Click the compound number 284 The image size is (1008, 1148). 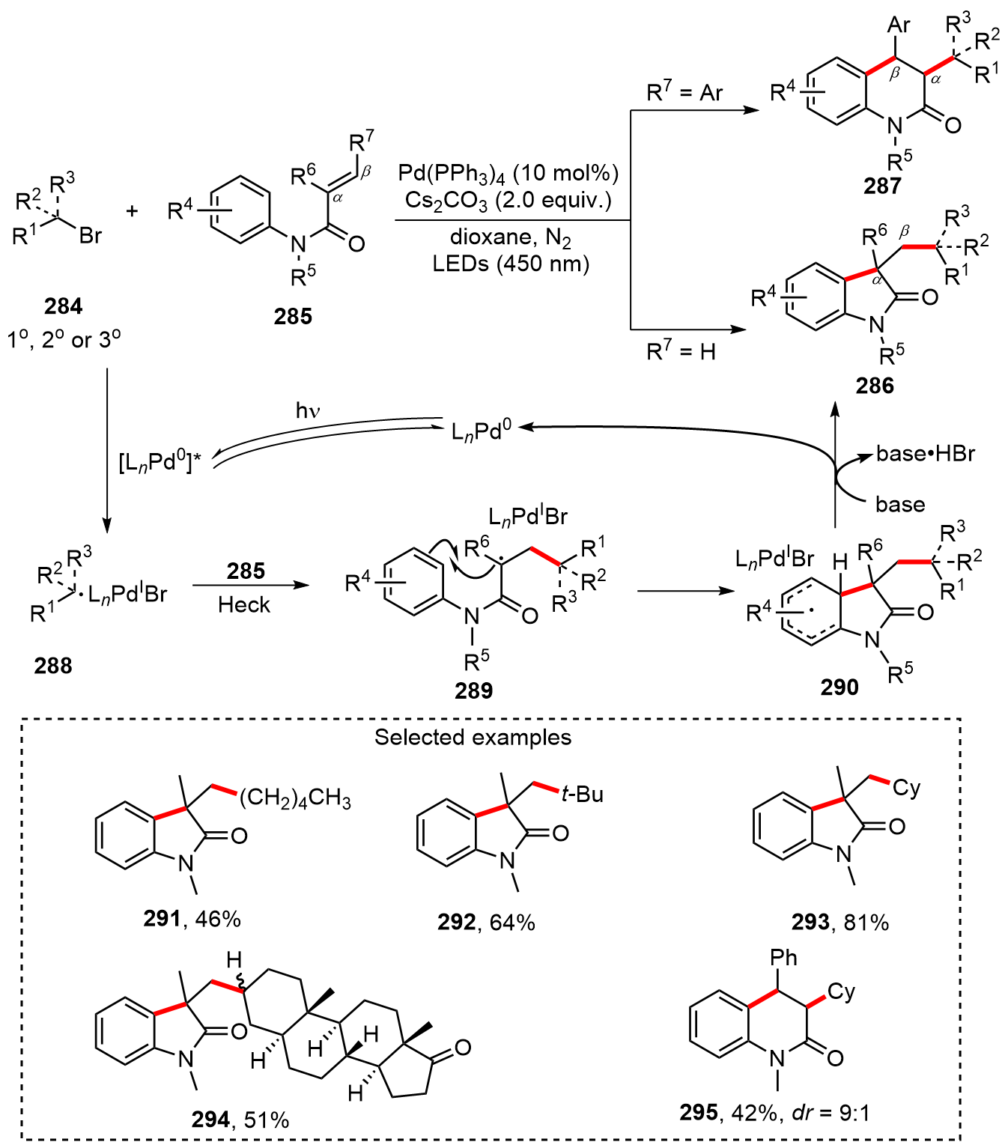tap(64, 306)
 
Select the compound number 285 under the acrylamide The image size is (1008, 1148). tap(293, 316)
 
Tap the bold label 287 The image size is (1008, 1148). tap(882, 186)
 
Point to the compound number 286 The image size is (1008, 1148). tap(875, 386)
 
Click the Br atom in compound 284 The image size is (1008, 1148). tap(91, 235)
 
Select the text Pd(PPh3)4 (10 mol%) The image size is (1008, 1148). tap(508, 174)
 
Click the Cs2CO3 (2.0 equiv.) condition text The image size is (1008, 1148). tap(508, 201)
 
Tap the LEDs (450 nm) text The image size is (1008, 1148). tap(511, 264)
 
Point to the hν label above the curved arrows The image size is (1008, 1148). tap(309, 411)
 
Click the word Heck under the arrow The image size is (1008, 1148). tap(244, 605)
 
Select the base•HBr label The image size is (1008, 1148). tap(926, 453)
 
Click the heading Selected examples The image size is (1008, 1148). tap(473, 737)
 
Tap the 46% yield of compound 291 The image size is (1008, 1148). tap(218, 919)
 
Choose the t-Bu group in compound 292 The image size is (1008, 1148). tap(583, 795)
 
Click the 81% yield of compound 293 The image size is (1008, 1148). tap(866, 923)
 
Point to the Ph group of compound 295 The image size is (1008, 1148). tap(783, 958)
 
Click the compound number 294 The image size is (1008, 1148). tap(210, 1120)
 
